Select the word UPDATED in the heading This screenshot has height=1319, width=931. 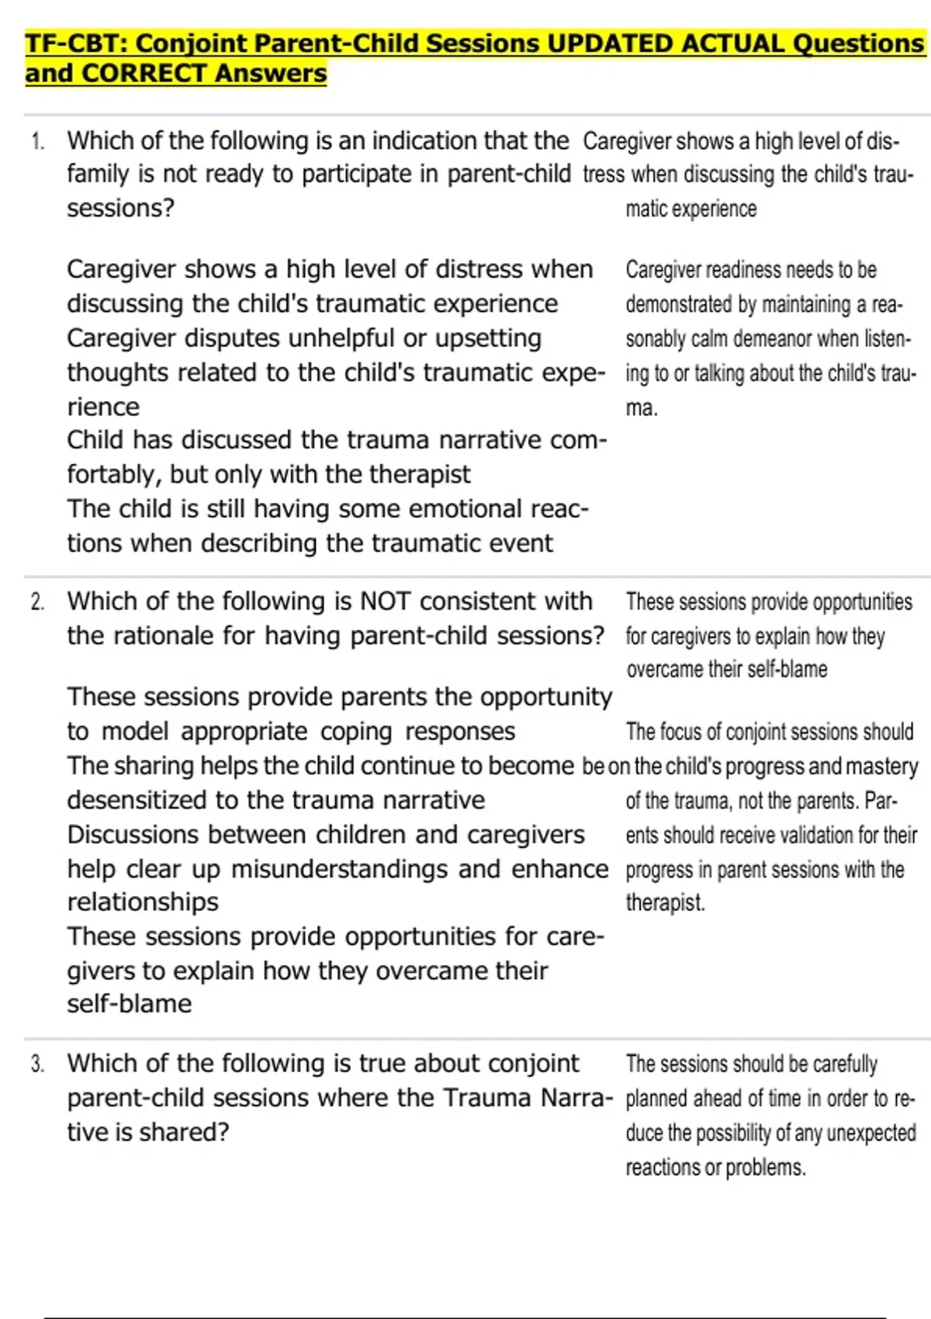click(x=610, y=43)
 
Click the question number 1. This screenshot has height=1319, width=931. click(x=37, y=141)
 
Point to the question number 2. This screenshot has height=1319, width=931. click(x=37, y=602)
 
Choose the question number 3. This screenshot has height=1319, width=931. click(x=37, y=1064)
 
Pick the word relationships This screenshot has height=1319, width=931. click(x=143, y=902)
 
